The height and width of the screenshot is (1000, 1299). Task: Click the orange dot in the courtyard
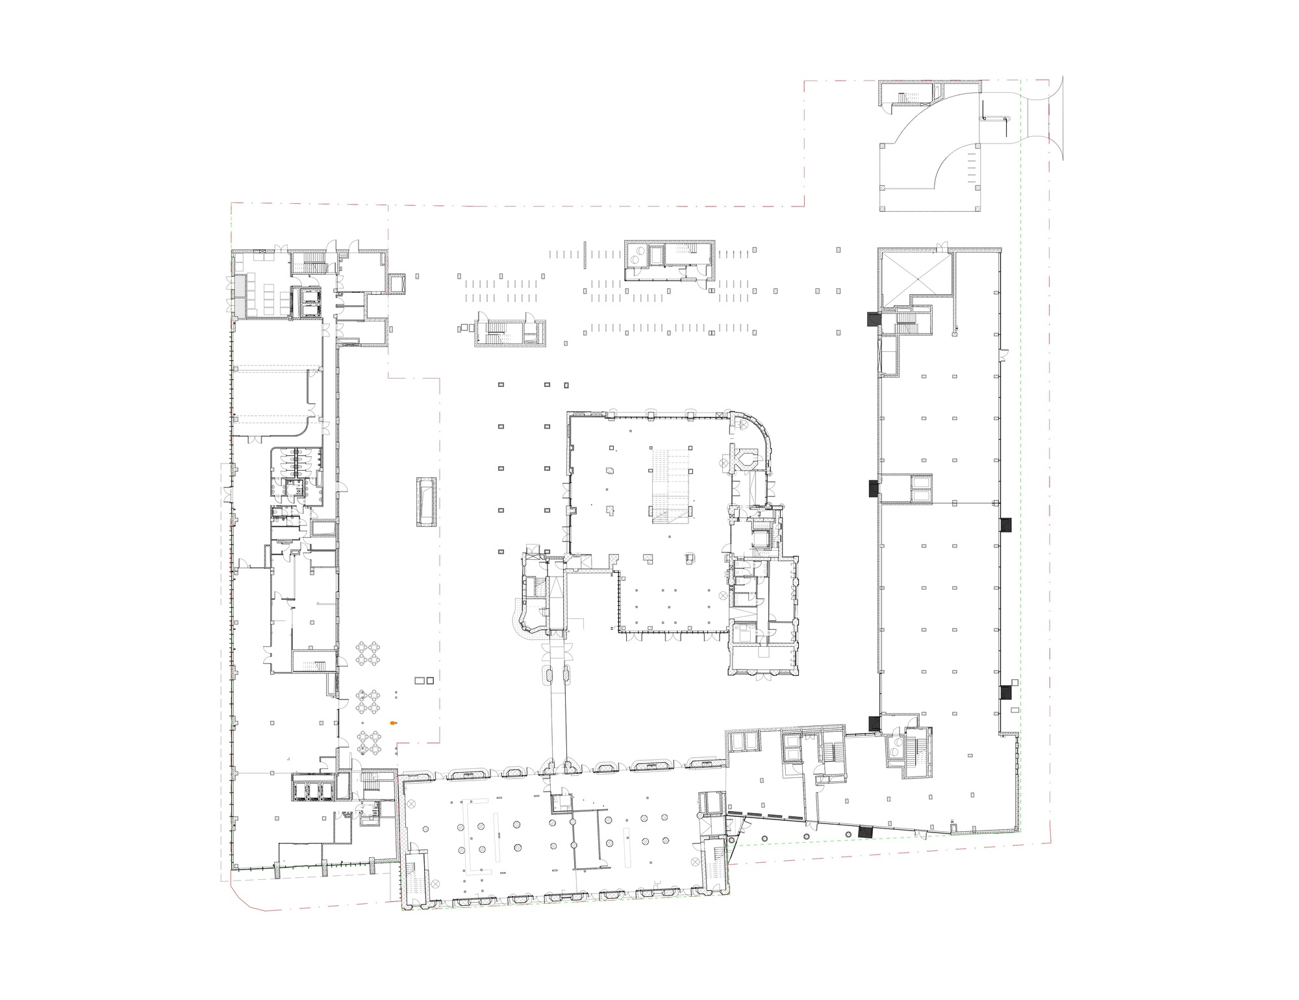tap(392, 723)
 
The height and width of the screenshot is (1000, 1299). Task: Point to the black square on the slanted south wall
tap(865, 832)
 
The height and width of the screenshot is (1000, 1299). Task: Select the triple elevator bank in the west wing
tap(312, 789)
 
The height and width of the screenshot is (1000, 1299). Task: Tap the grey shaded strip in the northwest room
tap(240, 296)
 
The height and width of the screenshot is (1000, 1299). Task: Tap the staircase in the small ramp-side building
tap(906, 98)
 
